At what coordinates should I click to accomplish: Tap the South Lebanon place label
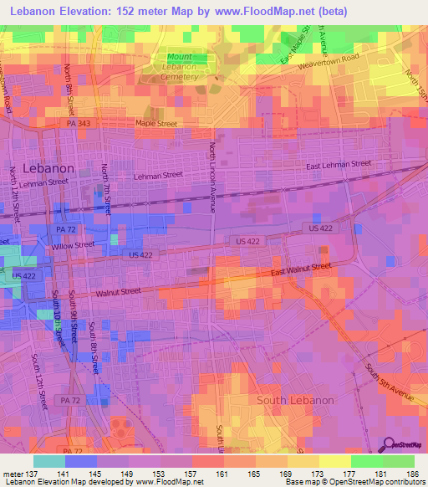click(x=295, y=400)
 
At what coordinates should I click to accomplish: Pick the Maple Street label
click(x=156, y=123)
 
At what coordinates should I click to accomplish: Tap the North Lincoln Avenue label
click(x=212, y=176)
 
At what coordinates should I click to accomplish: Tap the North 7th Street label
click(x=106, y=188)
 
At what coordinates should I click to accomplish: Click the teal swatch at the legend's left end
click(x=48, y=461)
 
